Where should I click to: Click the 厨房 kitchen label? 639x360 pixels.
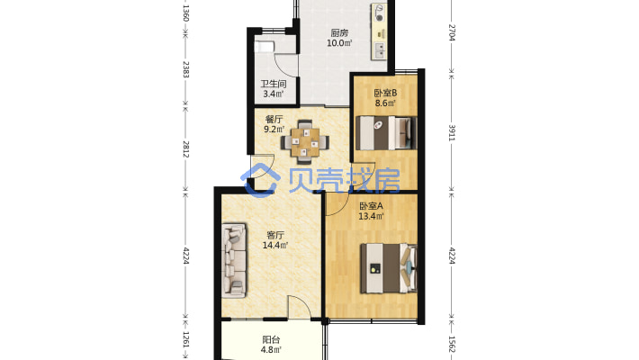pyautogui.click(x=339, y=32)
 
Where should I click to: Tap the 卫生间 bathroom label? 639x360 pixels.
pyautogui.click(x=274, y=84)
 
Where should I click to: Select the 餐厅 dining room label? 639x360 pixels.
pyautogui.click(x=274, y=120)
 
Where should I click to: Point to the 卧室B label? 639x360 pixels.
pyautogui.click(x=385, y=93)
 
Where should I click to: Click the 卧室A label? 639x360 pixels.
pyautogui.click(x=371, y=206)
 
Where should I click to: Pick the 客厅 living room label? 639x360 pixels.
pyautogui.click(x=275, y=235)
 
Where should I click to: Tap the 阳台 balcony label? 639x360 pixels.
pyautogui.click(x=271, y=339)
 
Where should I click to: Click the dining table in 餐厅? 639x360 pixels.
pyautogui.click(x=305, y=142)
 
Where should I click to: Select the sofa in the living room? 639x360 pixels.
pyautogui.click(x=234, y=260)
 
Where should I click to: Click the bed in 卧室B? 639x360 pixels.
pyautogui.click(x=386, y=133)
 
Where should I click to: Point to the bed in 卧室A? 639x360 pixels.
pyautogui.click(x=389, y=268)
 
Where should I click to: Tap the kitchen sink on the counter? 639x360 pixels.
pyautogui.click(x=380, y=50)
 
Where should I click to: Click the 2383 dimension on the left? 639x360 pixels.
pyautogui.click(x=185, y=69)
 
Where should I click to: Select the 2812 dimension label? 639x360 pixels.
pyautogui.click(x=185, y=149)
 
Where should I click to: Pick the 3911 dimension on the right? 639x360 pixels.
pyautogui.click(x=452, y=133)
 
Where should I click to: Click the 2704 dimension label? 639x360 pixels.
pyautogui.click(x=452, y=32)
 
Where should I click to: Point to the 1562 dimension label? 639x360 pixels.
pyautogui.click(x=452, y=344)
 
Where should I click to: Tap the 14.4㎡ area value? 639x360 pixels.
pyautogui.click(x=275, y=245)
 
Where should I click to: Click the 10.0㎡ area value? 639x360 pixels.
pyautogui.click(x=339, y=42)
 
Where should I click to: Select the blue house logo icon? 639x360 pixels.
pyautogui.click(x=261, y=180)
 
